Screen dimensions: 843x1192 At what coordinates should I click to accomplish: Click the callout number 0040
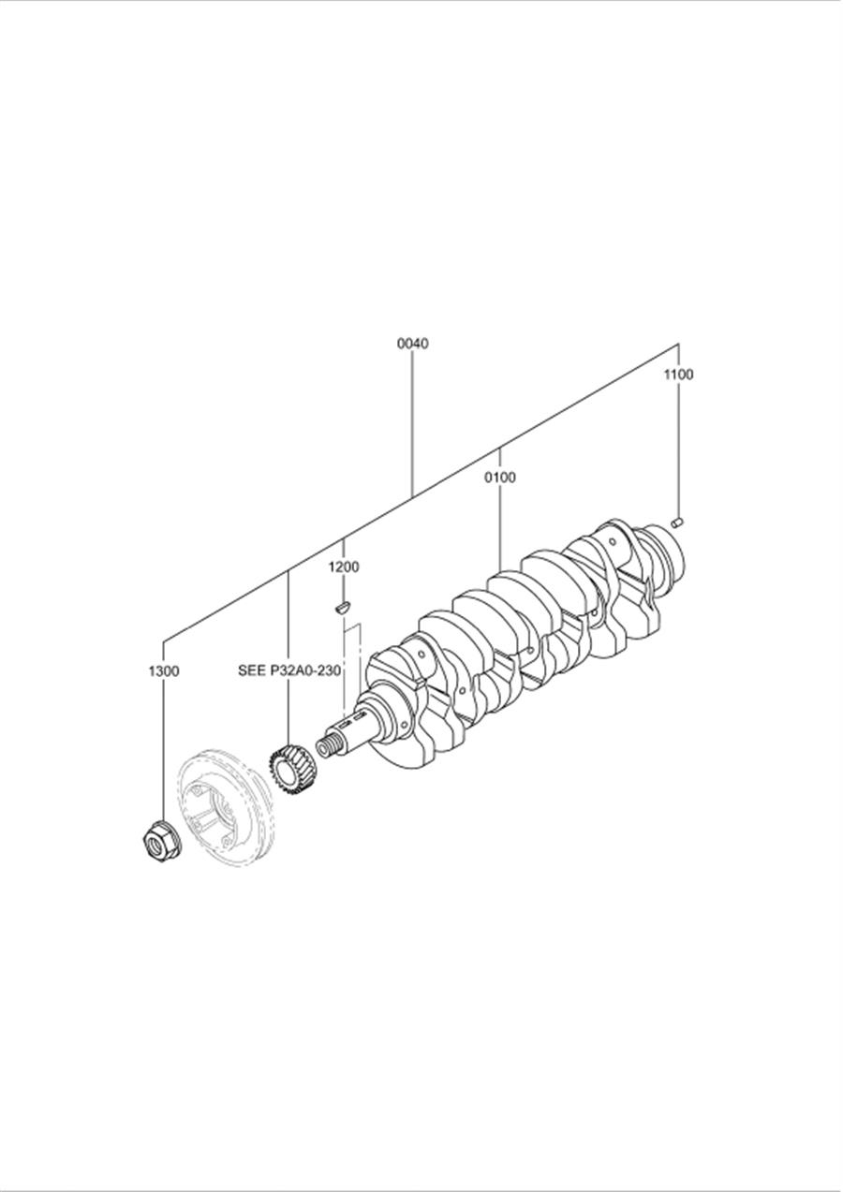point(412,344)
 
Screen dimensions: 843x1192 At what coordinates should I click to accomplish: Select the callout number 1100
point(678,375)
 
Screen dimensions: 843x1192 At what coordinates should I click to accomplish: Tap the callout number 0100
point(500,478)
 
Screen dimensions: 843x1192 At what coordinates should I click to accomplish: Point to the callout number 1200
point(343,567)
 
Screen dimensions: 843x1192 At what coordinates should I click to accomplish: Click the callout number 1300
point(164,671)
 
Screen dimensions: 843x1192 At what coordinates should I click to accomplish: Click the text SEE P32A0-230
point(289,670)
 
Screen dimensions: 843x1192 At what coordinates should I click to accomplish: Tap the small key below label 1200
point(341,607)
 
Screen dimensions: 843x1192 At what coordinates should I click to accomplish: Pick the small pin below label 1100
point(677,522)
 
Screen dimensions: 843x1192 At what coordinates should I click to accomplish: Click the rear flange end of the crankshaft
point(665,553)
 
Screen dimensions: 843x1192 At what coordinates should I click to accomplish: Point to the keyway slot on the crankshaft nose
point(346,724)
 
